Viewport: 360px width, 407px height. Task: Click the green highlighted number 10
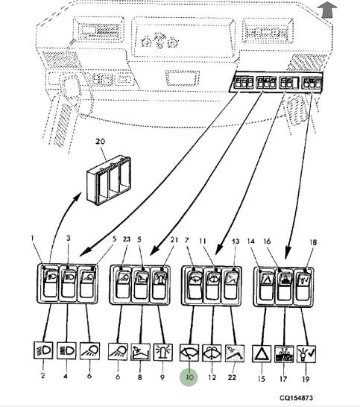click(x=189, y=377)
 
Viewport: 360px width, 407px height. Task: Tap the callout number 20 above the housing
click(x=100, y=142)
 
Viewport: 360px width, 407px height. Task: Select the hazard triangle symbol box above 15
click(x=262, y=353)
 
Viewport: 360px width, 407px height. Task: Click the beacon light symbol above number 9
click(x=163, y=352)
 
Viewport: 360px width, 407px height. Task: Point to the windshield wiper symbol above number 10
click(x=189, y=353)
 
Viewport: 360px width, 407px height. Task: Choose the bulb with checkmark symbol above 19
click(x=306, y=354)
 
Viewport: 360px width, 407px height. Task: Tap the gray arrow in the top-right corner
click(x=327, y=10)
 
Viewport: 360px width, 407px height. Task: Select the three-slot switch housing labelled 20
click(x=109, y=180)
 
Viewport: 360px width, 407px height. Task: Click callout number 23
click(x=127, y=239)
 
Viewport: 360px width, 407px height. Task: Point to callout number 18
click(x=313, y=242)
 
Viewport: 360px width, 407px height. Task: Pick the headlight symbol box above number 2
click(x=43, y=350)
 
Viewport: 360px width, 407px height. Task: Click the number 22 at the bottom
click(x=232, y=377)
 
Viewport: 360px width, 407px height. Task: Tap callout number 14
click(x=250, y=242)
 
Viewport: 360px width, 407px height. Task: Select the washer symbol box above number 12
click(x=212, y=353)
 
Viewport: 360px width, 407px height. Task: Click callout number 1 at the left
click(x=33, y=238)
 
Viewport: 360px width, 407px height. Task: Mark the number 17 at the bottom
click(x=283, y=379)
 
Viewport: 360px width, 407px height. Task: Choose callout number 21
click(x=174, y=239)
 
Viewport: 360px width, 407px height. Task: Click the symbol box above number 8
click(x=140, y=352)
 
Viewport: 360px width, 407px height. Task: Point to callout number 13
click(x=236, y=242)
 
